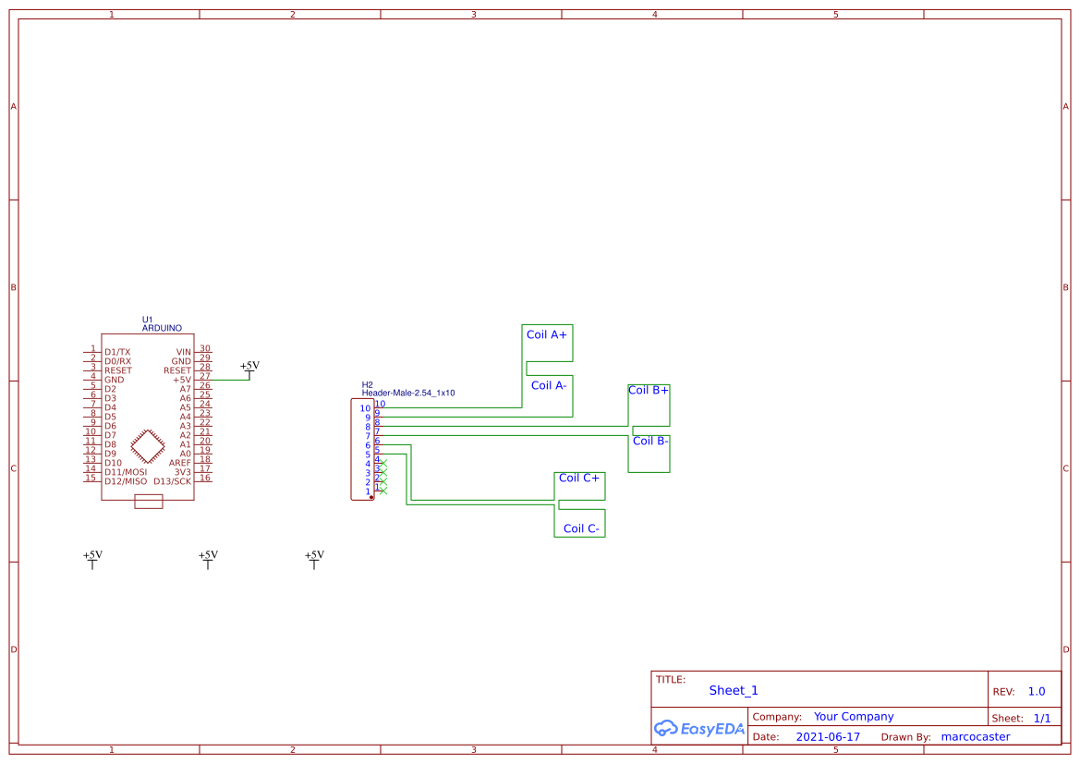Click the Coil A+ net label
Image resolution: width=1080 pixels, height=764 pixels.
(547, 334)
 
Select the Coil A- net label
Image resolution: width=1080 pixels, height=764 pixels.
(548, 385)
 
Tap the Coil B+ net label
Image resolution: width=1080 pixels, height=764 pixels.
(649, 390)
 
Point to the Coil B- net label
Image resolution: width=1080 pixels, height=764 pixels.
(649, 441)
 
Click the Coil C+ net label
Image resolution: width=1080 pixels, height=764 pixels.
(579, 478)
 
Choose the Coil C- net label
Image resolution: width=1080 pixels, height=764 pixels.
(581, 528)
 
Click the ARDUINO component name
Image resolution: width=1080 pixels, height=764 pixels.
(162, 328)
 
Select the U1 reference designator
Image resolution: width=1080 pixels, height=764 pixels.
(147, 320)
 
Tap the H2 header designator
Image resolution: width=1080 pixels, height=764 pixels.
(367, 384)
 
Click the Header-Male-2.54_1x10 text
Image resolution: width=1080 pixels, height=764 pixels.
(408, 393)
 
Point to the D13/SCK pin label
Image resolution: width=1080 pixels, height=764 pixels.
(172, 481)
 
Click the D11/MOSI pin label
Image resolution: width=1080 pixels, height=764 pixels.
(126, 472)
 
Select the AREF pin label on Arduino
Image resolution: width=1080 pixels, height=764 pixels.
(179, 463)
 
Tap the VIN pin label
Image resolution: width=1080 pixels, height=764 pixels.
(183, 352)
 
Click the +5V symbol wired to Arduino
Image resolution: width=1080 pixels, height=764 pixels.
(249, 368)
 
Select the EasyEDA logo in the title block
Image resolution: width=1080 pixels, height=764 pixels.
(699, 728)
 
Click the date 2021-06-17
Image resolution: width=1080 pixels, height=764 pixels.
(828, 737)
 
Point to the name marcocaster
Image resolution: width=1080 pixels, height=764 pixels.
(975, 737)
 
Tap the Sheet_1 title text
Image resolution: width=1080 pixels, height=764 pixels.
(734, 690)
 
